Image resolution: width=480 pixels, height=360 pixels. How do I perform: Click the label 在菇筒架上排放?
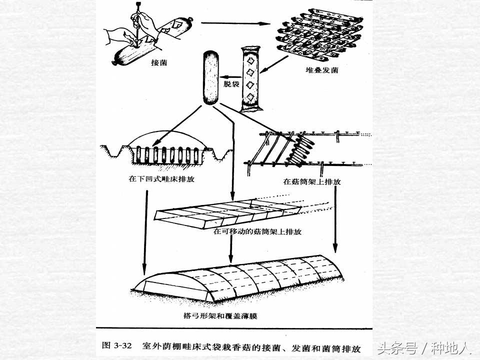point(312,182)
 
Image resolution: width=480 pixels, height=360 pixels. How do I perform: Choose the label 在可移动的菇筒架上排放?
point(257,232)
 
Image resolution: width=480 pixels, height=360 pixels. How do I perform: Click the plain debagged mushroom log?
point(210,77)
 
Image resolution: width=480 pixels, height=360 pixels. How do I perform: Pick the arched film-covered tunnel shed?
point(240,280)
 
